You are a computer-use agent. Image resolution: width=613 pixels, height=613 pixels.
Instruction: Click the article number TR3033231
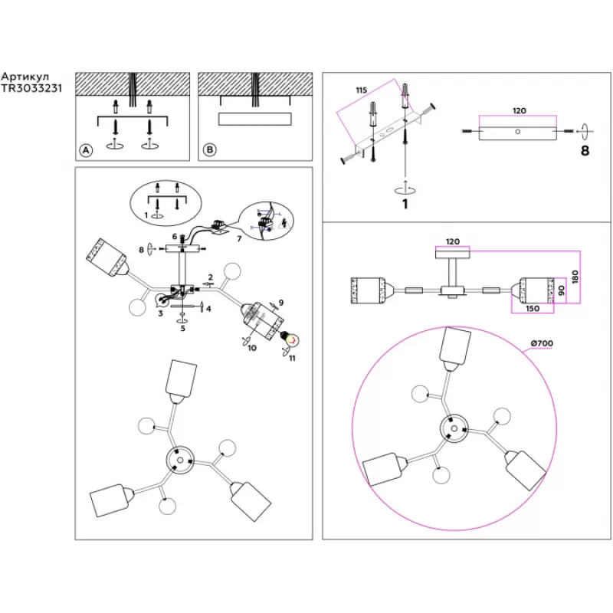pos(31,88)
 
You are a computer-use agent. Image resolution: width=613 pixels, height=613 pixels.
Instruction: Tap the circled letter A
pos(86,150)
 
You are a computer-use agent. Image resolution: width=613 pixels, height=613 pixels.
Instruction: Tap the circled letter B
pos(209,150)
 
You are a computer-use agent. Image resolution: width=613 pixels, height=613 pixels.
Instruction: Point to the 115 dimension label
pos(361,90)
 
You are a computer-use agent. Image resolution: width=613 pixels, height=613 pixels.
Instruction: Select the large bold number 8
pos(585,151)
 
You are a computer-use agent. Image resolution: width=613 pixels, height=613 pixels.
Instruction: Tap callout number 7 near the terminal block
pos(239,240)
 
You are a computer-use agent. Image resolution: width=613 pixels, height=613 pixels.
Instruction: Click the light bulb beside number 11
pos(292,336)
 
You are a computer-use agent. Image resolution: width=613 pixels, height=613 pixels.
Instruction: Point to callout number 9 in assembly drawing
pos(281,303)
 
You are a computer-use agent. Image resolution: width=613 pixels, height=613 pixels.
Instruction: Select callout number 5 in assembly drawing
pos(183,329)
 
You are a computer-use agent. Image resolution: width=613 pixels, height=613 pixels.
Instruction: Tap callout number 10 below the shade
pos(252,348)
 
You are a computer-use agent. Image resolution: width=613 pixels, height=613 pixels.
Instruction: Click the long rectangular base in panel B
pos(255,119)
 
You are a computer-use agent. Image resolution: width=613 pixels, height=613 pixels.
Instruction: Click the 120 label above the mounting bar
pos(519,111)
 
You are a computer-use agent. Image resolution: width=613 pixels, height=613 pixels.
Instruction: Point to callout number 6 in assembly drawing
pos(175,237)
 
